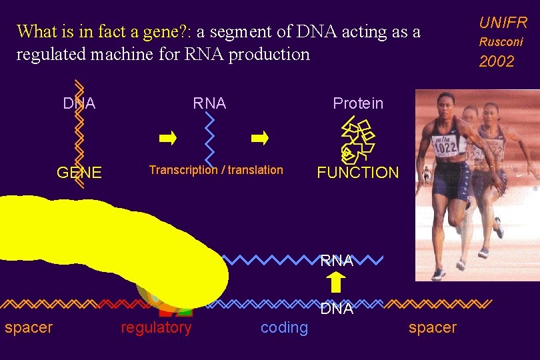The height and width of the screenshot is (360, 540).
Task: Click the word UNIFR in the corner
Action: pos(503,22)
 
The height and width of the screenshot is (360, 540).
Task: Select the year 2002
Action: pos(497,61)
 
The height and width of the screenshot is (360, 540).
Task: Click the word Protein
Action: pos(358,103)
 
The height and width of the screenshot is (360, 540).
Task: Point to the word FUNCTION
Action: pos(358,173)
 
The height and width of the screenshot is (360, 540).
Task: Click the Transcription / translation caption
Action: pos(216,170)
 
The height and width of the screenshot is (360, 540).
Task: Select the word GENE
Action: pos(79,173)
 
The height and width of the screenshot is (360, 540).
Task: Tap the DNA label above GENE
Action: pos(79,103)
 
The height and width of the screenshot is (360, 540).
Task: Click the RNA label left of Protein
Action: pos(209,103)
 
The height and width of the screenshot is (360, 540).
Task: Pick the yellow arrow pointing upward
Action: pos(337,283)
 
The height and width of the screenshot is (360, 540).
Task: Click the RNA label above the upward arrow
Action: pos(337,261)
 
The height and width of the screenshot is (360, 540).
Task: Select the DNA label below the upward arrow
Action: pos(337,309)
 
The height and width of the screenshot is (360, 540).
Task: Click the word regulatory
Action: pos(156,327)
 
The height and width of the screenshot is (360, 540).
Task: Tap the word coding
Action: pos(285,327)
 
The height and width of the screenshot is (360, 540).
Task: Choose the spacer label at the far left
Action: pos(29,327)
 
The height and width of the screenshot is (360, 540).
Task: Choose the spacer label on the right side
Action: pos(433,327)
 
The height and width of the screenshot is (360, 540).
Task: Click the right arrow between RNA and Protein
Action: pos(260,139)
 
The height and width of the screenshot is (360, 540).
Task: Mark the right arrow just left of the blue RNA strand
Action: pos(168,139)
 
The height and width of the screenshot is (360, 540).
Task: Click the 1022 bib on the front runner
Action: pos(445,147)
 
